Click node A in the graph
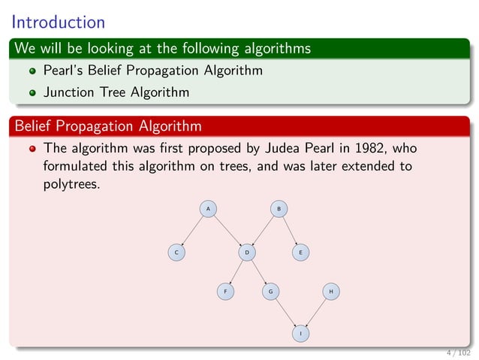point(208,208)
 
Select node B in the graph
point(279,208)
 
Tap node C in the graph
point(176,253)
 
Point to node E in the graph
point(300,253)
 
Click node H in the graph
point(330,290)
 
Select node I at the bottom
point(300,332)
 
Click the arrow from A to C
point(192,230)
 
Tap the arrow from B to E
point(289,230)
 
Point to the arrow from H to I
point(315,311)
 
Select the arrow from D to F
point(236,271)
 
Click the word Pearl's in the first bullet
point(64,71)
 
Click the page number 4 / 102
point(458,352)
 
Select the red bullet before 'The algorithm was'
point(32,147)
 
